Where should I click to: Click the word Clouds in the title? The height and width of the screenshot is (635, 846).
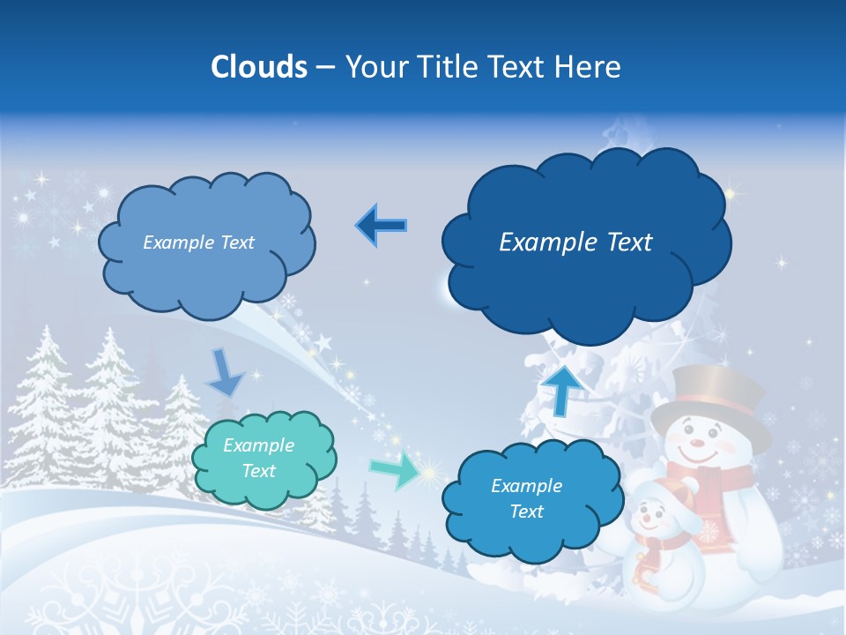[x=259, y=67]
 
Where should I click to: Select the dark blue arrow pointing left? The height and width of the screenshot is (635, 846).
[x=382, y=226]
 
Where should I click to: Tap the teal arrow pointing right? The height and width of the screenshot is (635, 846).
[x=393, y=471]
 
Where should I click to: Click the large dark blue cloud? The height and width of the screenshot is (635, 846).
[x=585, y=243]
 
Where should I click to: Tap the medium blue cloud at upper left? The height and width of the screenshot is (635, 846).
[x=207, y=242]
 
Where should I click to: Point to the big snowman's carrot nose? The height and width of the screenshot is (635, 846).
[x=696, y=438]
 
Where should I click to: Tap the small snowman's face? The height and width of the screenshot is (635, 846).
[x=652, y=516]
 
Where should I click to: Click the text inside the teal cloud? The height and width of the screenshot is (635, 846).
[x=259, y=459]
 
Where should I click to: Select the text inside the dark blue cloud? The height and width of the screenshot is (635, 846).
[x=575, y=243]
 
